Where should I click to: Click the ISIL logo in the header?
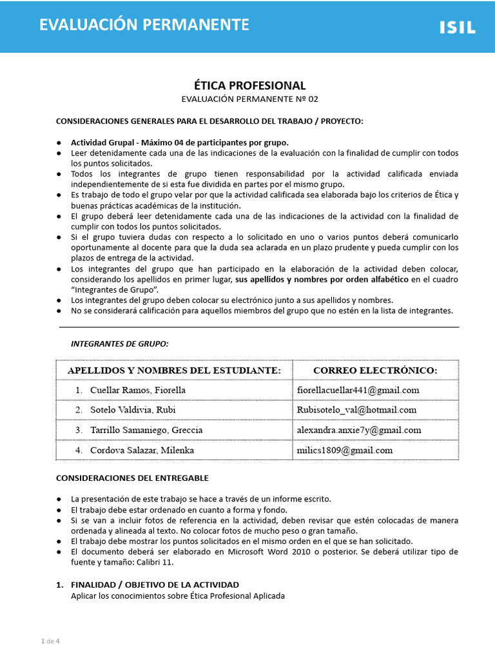pyautogui.click(x=458, y=27)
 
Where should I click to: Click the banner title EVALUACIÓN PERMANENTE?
pyautogui.click(x=144, y=25)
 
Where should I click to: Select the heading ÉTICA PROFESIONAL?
pyautogui.click(x=249, y=86)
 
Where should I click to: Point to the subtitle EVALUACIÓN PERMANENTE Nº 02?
pyautogui.click(x=249, y=99)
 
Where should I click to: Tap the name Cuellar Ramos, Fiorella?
pyautogui.click(x=138, y=390)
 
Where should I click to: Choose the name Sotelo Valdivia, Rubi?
pyautogui.click(x=133, y=410)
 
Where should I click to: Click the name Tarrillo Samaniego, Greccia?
pyautogui.click(x=146, y=430)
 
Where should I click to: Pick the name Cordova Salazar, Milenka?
pyautogui.click(x=142, y=450)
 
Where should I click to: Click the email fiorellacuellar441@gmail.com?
pyautogui.click(x=358, y=390)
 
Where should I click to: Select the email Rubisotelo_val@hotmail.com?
pyautogui.click(x=356, y=410)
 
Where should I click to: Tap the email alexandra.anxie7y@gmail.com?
pyautogui.click(x=359, y=430)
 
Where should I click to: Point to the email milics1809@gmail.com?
pyautogui.click(x=345, y=450)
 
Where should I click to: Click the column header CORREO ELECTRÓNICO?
pyautogui.click(x=375, y=370)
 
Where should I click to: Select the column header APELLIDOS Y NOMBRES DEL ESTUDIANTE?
pyautogui.click(x=174, y=370)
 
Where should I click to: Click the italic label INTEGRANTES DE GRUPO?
pyautogui.click(x=119, y=344)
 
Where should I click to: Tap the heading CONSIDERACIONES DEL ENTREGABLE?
pyautogui.click(x=132, y=478)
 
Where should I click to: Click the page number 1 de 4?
pyautogui.click(x=50, y=641)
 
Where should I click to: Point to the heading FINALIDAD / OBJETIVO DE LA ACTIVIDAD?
pyautogui.click(x=155, y=585)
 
